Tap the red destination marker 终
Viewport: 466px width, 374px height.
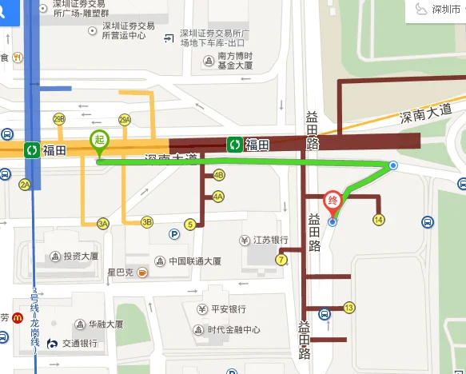(x=334, y=201)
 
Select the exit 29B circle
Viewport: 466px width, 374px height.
(x=58, y=119)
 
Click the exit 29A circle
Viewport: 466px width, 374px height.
(x=124, y=120)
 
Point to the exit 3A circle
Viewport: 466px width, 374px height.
(x=102, y=223)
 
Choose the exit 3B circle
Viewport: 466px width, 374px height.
(x=147, y=222)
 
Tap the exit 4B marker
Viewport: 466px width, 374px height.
(x=218, y=176)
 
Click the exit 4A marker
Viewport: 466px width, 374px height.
(x=217, y=197)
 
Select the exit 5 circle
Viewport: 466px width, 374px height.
(x=189, y=224)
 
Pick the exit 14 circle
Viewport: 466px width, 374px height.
(x=379, y=220)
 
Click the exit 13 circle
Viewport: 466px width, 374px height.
(x=349, y=308)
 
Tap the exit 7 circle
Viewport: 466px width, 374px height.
(x=281, y=260)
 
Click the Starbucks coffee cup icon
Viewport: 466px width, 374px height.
(x=141, y=273)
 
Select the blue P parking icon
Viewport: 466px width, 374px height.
(x=173, y=234)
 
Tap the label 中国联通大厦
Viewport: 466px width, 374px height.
(x=194, y=261)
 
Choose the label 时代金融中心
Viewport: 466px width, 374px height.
(x=234, y=330)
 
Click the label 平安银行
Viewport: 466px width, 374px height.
(x=228, y=309)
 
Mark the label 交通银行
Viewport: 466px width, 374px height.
(x=82, y=344)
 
